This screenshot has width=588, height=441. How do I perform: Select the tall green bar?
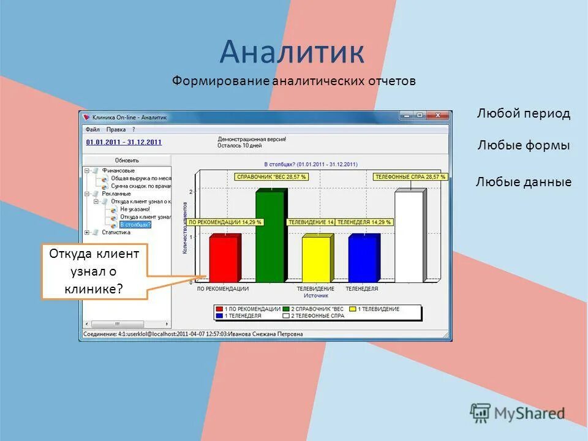point(269,238)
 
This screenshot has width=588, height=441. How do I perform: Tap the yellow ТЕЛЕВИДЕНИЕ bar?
point(316,260)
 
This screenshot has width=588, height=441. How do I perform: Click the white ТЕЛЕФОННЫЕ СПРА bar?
point(409,238)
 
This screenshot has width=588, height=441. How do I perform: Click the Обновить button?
point(127,160)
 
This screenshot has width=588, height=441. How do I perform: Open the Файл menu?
point(92,129)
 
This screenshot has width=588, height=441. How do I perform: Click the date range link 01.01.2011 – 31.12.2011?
point(124,142)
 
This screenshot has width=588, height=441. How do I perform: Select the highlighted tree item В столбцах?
point(135,224)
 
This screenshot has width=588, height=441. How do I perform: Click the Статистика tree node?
point(116,232)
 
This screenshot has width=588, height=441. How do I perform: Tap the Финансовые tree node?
point(118,170)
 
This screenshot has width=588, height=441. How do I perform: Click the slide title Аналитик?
point(292,52)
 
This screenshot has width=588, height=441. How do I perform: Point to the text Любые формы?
point(523,146)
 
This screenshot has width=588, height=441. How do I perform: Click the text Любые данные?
point(523,182)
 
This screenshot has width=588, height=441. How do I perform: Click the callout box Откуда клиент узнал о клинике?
point(94,271)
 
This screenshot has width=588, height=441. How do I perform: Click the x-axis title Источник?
point(316,295)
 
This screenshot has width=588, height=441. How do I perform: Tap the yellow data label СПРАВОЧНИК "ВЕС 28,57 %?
point(271,176)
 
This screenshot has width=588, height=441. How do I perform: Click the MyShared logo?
point(518,413)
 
